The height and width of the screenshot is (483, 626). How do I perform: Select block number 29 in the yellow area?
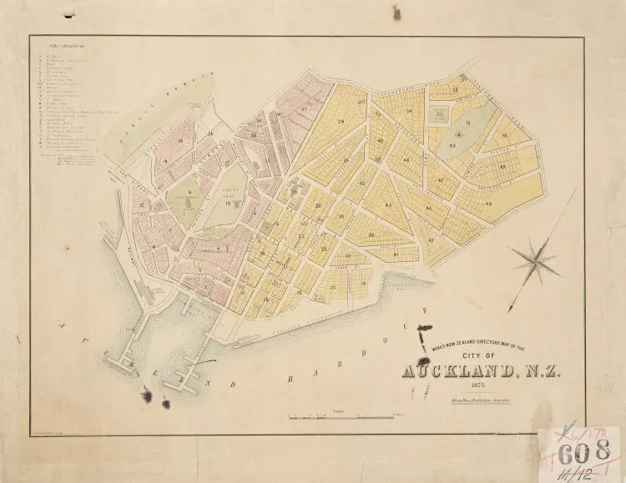pyautogui.click(x=341, y=123)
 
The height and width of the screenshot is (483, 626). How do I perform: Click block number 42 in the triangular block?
pyautogui.click(x=388, y=204)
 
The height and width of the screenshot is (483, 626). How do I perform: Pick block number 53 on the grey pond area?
pyautogui.click(x=452, y=144)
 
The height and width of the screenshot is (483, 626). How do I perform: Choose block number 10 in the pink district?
pyautogui.click(x=179, y=141)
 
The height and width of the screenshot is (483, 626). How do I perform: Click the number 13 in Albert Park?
pyautogui.click(x=227, y=203)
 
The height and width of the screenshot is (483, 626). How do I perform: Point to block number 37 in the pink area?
pyautogui.click(x=304, y=109)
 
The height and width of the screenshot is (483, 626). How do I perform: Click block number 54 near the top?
pyautogui.click(x=409, y=110)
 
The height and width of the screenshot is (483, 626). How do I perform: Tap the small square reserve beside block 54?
pyautogui.click(x=437, y=110)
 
